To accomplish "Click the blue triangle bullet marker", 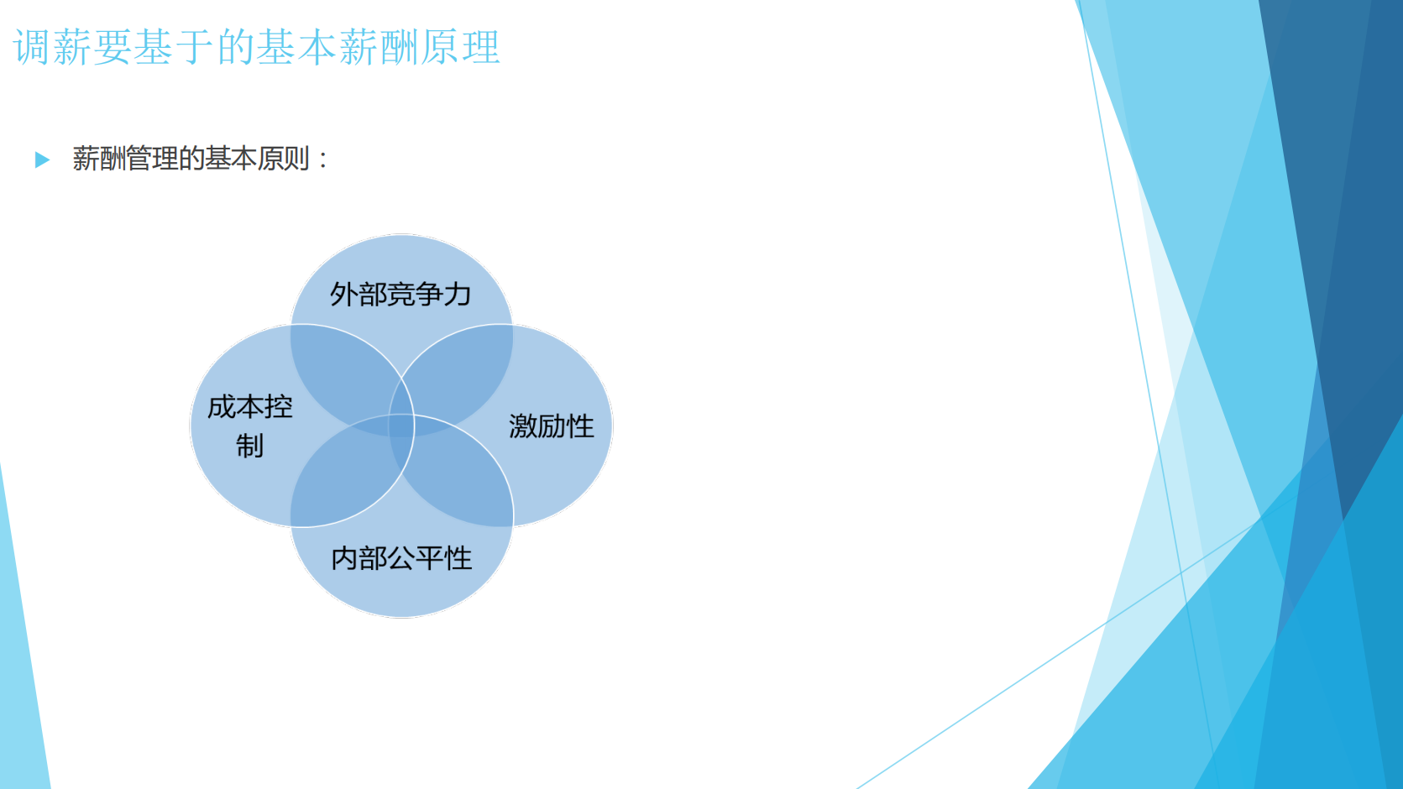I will [42, 159].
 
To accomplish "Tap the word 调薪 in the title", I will [52, 47].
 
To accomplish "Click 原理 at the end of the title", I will [461, 47].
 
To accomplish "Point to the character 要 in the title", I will [113, 47].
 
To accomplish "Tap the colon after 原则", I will [323, 159].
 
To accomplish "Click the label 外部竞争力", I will [400, 295].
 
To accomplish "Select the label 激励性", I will [551, 426].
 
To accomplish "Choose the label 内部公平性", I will [401, 558].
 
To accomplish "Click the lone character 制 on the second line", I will [249, 446].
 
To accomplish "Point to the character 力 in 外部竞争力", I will [458, 295].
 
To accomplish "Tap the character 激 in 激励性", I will [523, 426].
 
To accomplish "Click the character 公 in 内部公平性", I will [401, 558].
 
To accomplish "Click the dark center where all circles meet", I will [401, 426].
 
